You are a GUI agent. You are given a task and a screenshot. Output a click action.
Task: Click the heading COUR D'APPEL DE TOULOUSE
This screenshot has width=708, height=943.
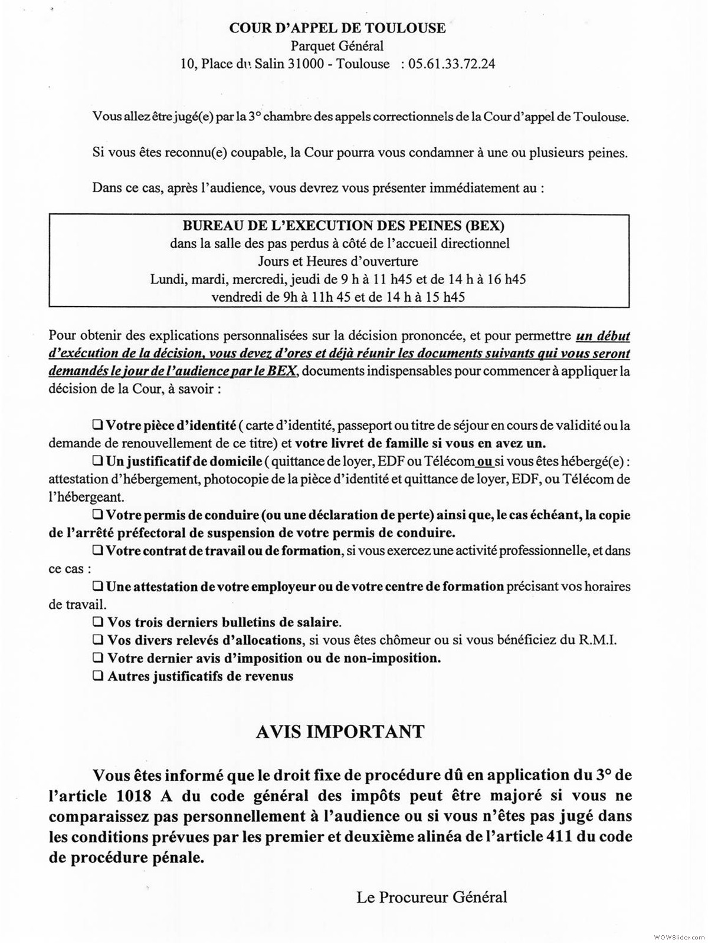click(337, 28)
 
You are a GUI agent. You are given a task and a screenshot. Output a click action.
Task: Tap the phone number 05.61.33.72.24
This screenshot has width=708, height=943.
click(451, 64)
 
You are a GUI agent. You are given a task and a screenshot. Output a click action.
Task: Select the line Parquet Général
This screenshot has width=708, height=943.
click(337, 45)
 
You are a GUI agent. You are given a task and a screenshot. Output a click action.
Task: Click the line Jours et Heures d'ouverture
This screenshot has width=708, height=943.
click(337, 261)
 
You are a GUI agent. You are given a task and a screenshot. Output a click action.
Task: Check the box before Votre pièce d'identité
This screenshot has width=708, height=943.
click(97, 424)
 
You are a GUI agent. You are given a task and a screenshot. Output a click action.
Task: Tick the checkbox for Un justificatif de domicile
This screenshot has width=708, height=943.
click(97, 460)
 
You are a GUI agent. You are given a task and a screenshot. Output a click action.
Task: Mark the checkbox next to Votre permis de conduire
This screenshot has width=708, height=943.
click(97, 515)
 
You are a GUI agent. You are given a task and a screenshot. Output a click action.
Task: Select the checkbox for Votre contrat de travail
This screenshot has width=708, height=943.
click(97, 551)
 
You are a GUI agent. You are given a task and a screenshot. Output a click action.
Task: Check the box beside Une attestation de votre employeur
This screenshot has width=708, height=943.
click(97, 587)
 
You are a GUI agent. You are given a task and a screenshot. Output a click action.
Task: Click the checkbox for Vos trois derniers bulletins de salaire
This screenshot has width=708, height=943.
click(97, 622)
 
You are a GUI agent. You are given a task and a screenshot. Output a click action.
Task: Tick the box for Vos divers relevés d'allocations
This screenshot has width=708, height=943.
click(97, 640)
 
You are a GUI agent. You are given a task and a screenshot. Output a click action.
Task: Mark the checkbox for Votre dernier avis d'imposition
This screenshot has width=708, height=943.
click(97, 658)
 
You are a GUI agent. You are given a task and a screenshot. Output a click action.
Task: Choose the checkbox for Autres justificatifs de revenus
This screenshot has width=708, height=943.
click(97, 676)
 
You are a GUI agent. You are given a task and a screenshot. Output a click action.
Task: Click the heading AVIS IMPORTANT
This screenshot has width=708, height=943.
click(340, 731)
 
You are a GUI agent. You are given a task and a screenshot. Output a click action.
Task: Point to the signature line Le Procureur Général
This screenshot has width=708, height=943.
click(431, 898)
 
